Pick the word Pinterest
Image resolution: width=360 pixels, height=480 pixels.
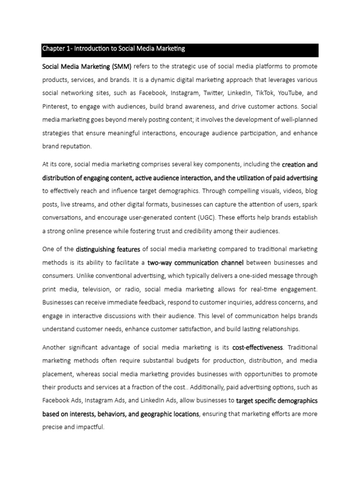55,106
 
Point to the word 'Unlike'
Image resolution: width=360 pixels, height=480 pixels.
88,276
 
